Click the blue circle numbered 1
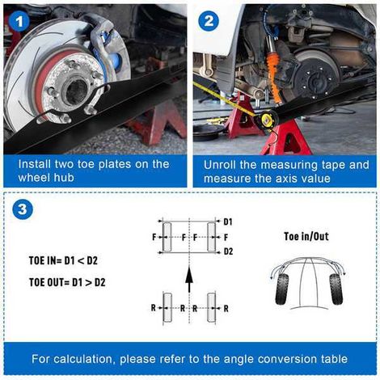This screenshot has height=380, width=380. [19, 21]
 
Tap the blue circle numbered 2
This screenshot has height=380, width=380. [209, 21]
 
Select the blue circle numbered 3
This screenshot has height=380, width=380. [23, 209]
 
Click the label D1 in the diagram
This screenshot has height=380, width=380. [228, 222]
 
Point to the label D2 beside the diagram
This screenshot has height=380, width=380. [228, 251]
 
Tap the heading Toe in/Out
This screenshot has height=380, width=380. [306, 236]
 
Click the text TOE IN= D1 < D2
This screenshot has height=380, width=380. [63, 260]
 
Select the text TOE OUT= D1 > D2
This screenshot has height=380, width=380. [67, 282]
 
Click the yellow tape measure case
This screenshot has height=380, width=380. [267, 120]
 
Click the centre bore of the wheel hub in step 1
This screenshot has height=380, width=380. [77, 91]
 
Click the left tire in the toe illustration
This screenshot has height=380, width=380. [282, 289]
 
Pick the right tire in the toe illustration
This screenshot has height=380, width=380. [336, 289]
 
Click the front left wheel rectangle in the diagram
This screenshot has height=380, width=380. [167, 237]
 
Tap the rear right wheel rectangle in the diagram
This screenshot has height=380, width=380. [211, 308]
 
